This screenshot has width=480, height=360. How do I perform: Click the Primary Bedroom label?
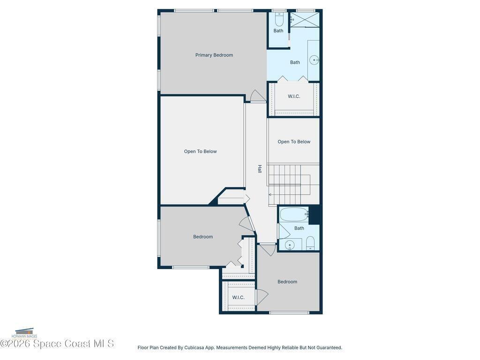coord(214,55)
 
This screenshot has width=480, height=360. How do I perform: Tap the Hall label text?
coord(260,169)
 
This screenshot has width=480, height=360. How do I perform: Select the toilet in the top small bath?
coord(279,20)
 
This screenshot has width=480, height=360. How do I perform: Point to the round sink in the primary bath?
coord(314,60)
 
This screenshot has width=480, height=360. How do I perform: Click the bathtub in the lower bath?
coord(294,214)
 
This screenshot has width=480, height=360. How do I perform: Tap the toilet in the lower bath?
coord(310,243)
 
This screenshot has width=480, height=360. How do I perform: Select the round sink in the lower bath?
coord(289,245)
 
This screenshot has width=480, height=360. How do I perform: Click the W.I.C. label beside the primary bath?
coord(294,97)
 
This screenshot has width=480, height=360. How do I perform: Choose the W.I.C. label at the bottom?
coord(238,298)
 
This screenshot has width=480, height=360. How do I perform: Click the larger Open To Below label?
coord(200,151)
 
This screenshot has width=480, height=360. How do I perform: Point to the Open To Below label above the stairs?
coord(294,142)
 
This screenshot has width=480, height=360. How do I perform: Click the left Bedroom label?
coord(203,237)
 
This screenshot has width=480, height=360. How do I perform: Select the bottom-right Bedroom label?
coord(287,282)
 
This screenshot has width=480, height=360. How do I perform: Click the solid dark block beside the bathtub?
coord(315,215)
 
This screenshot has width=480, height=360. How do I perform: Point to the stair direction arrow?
coord(270,195)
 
